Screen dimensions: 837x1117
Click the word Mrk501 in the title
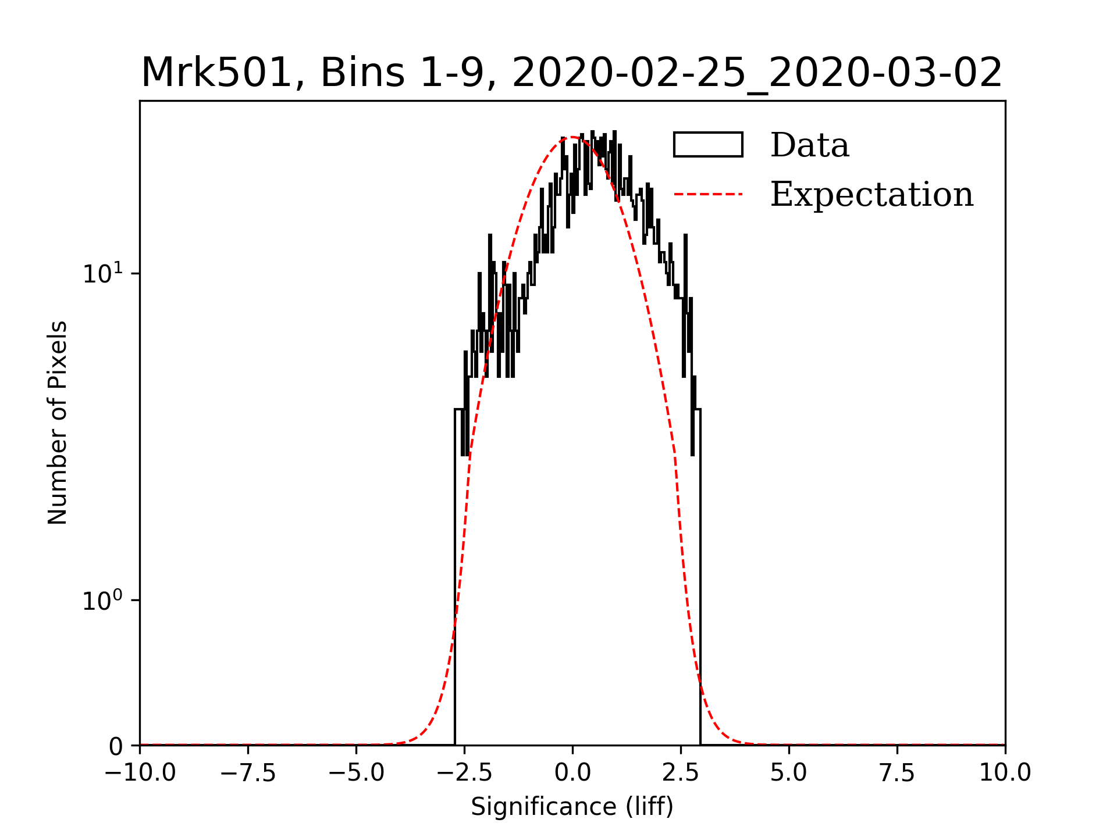216,73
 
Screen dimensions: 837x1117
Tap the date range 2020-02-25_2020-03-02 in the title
757,73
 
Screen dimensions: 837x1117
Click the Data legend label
809,145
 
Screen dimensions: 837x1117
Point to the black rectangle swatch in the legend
708,145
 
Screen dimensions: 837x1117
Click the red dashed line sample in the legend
708,194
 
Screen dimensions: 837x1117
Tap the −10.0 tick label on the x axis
140,773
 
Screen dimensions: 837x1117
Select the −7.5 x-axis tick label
248,773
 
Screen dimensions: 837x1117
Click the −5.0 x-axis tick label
357,773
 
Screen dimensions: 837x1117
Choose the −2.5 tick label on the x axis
465,773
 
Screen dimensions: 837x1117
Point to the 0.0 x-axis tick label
572,773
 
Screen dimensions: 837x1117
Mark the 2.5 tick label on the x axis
681,773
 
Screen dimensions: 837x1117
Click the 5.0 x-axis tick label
789,773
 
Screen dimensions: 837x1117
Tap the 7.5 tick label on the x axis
897,773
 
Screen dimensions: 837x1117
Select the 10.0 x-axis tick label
1005,773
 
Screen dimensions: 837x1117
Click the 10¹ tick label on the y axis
103,273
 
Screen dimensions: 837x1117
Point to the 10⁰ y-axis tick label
103,600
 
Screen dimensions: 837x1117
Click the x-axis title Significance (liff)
572,807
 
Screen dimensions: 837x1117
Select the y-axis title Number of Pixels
58,423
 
